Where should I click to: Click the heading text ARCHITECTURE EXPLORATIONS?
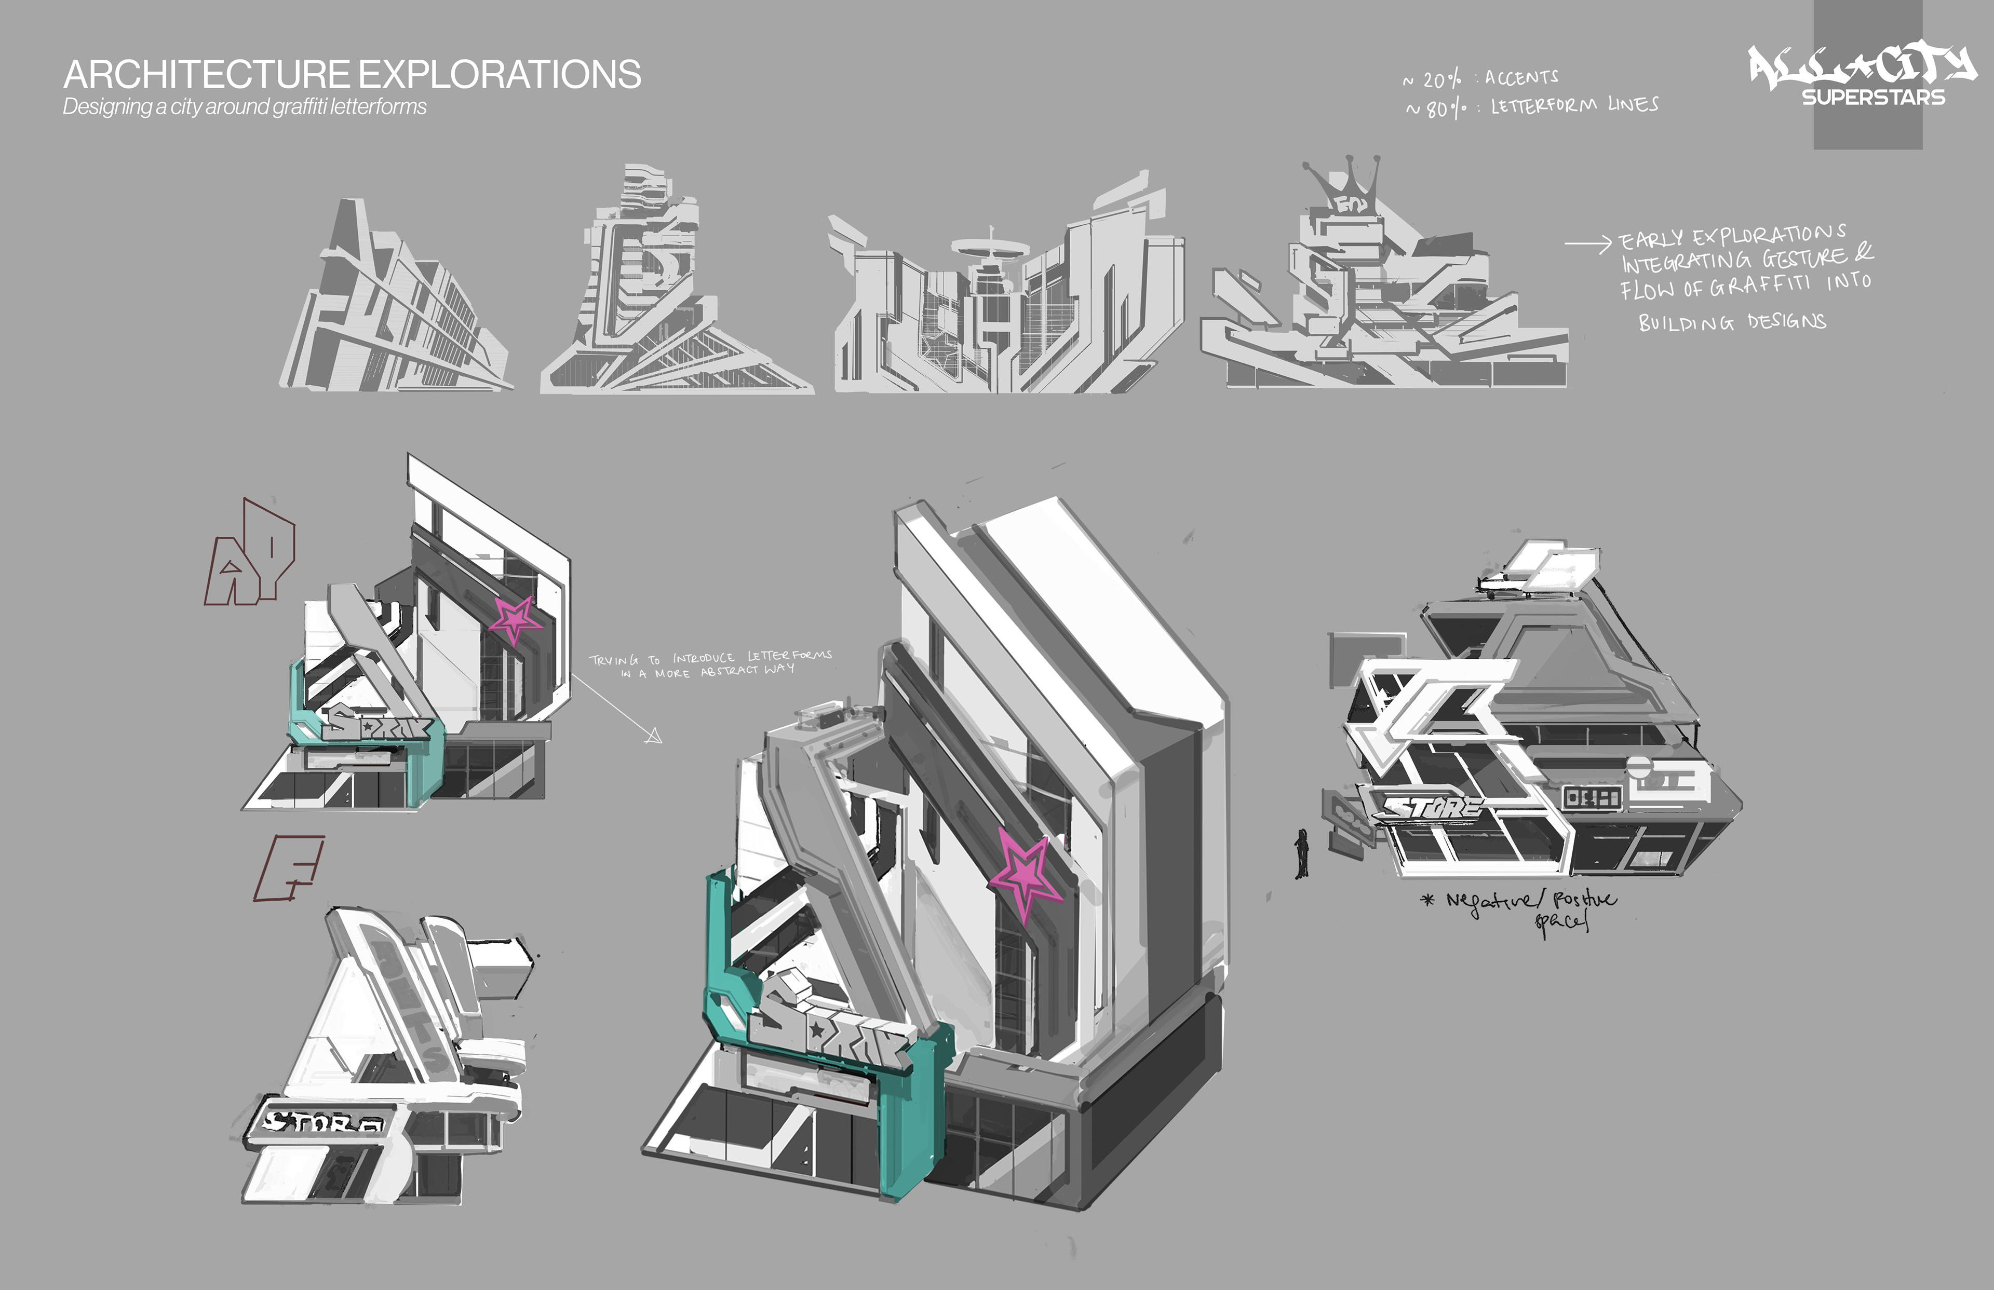[352, 75]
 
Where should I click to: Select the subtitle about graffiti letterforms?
[245, 107]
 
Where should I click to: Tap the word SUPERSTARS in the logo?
[1874, 97]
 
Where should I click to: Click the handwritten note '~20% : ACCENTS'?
[1480, 79]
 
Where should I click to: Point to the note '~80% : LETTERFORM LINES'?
[1531, 106]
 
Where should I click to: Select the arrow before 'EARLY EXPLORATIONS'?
[1587, 244]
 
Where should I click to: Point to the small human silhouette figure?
[1301, 853]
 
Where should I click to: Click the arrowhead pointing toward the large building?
[653, 736]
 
